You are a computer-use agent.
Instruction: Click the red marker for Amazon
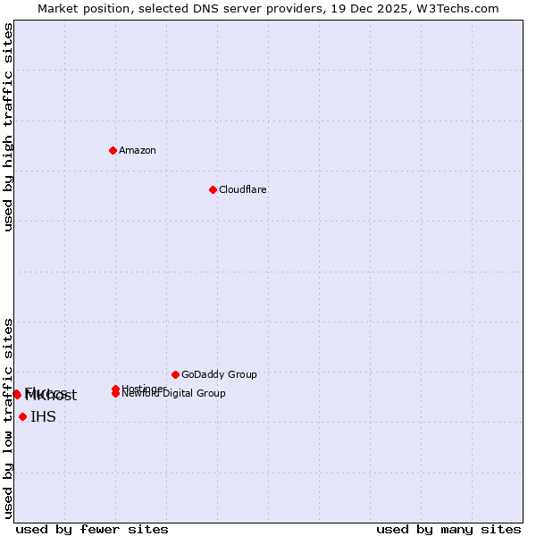tap(113, 150)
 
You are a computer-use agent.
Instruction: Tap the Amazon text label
tap(138, 150)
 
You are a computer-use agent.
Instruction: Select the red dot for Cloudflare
tap(213, 189)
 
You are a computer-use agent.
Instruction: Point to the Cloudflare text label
tap(243, 189)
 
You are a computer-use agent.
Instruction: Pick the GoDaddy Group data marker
tap(175, 374)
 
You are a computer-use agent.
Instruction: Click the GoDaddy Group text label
tap(219, 374)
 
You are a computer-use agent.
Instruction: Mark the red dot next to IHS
tap(22, 416)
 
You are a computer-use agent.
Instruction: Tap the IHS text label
tap(43, 416)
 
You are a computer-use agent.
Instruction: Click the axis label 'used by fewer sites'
tap(92, 529)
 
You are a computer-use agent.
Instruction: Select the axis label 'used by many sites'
tap(448, 529)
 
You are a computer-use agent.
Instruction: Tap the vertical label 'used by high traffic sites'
tap(8, 127)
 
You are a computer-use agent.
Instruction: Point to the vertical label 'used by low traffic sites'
tap(8, 418)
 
